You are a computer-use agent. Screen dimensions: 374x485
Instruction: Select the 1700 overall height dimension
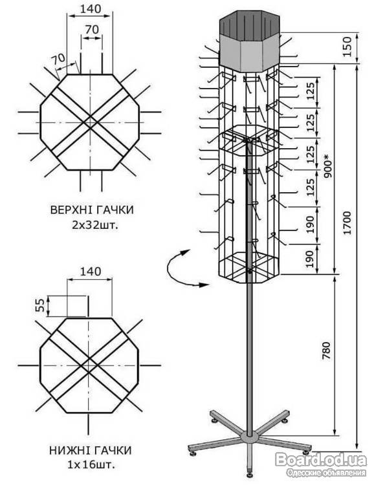pyautogui.click(x=348, y=222)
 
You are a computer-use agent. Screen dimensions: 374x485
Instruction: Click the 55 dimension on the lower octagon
pyautogui.click(x=39, y=305)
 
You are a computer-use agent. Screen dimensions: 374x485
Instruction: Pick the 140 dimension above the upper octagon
pyautogui.click(x=91, y=9)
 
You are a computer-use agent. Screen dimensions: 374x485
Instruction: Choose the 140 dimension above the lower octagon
pyautogui.click(x=91, y=271)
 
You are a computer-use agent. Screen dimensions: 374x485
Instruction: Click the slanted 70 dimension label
pyautogui.click(x=58, y=59)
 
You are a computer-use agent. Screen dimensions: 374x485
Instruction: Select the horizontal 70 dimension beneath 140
pyautogui.click(x=92, y=29)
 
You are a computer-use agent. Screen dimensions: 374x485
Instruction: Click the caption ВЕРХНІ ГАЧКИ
pyautogui.click(x=92, y=210)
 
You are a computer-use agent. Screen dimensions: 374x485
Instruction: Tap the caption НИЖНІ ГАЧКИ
pyautogui.click(x=91, y=450)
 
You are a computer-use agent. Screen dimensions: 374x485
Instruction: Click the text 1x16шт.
pyautogui.click(x=91, y=464)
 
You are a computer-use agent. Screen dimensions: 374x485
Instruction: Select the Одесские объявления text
pyautogui.click(x=326, y=473)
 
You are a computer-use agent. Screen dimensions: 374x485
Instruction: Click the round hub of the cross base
pyautogui.click(x=250, y=437)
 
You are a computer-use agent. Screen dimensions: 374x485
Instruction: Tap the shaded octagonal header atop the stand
pyautogui.click(x=250, y=41)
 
